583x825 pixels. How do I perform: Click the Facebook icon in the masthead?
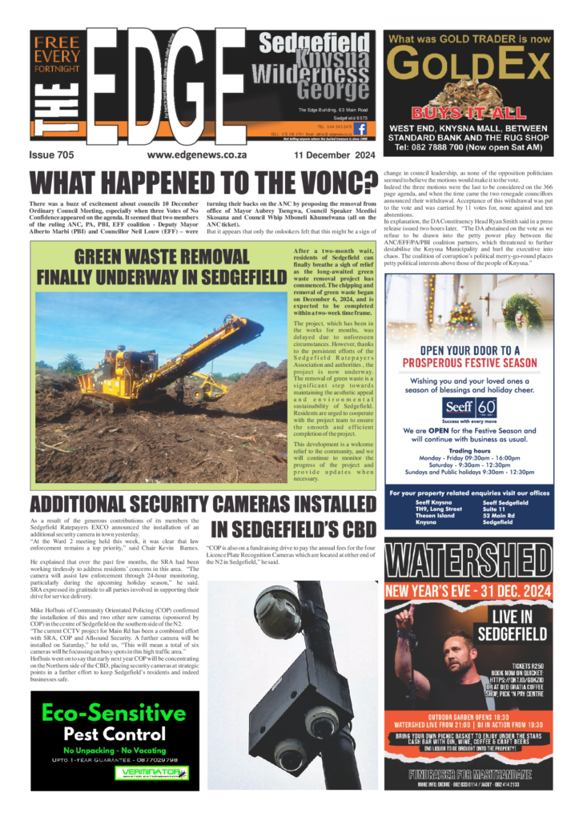pos(360,127)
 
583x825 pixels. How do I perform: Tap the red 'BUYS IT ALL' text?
pos(468,113)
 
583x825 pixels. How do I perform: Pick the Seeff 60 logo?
pos(469,408)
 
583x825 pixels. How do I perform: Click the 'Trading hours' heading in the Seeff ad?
pos(469,450)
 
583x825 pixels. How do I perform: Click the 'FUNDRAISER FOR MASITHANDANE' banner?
pos(469,775)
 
